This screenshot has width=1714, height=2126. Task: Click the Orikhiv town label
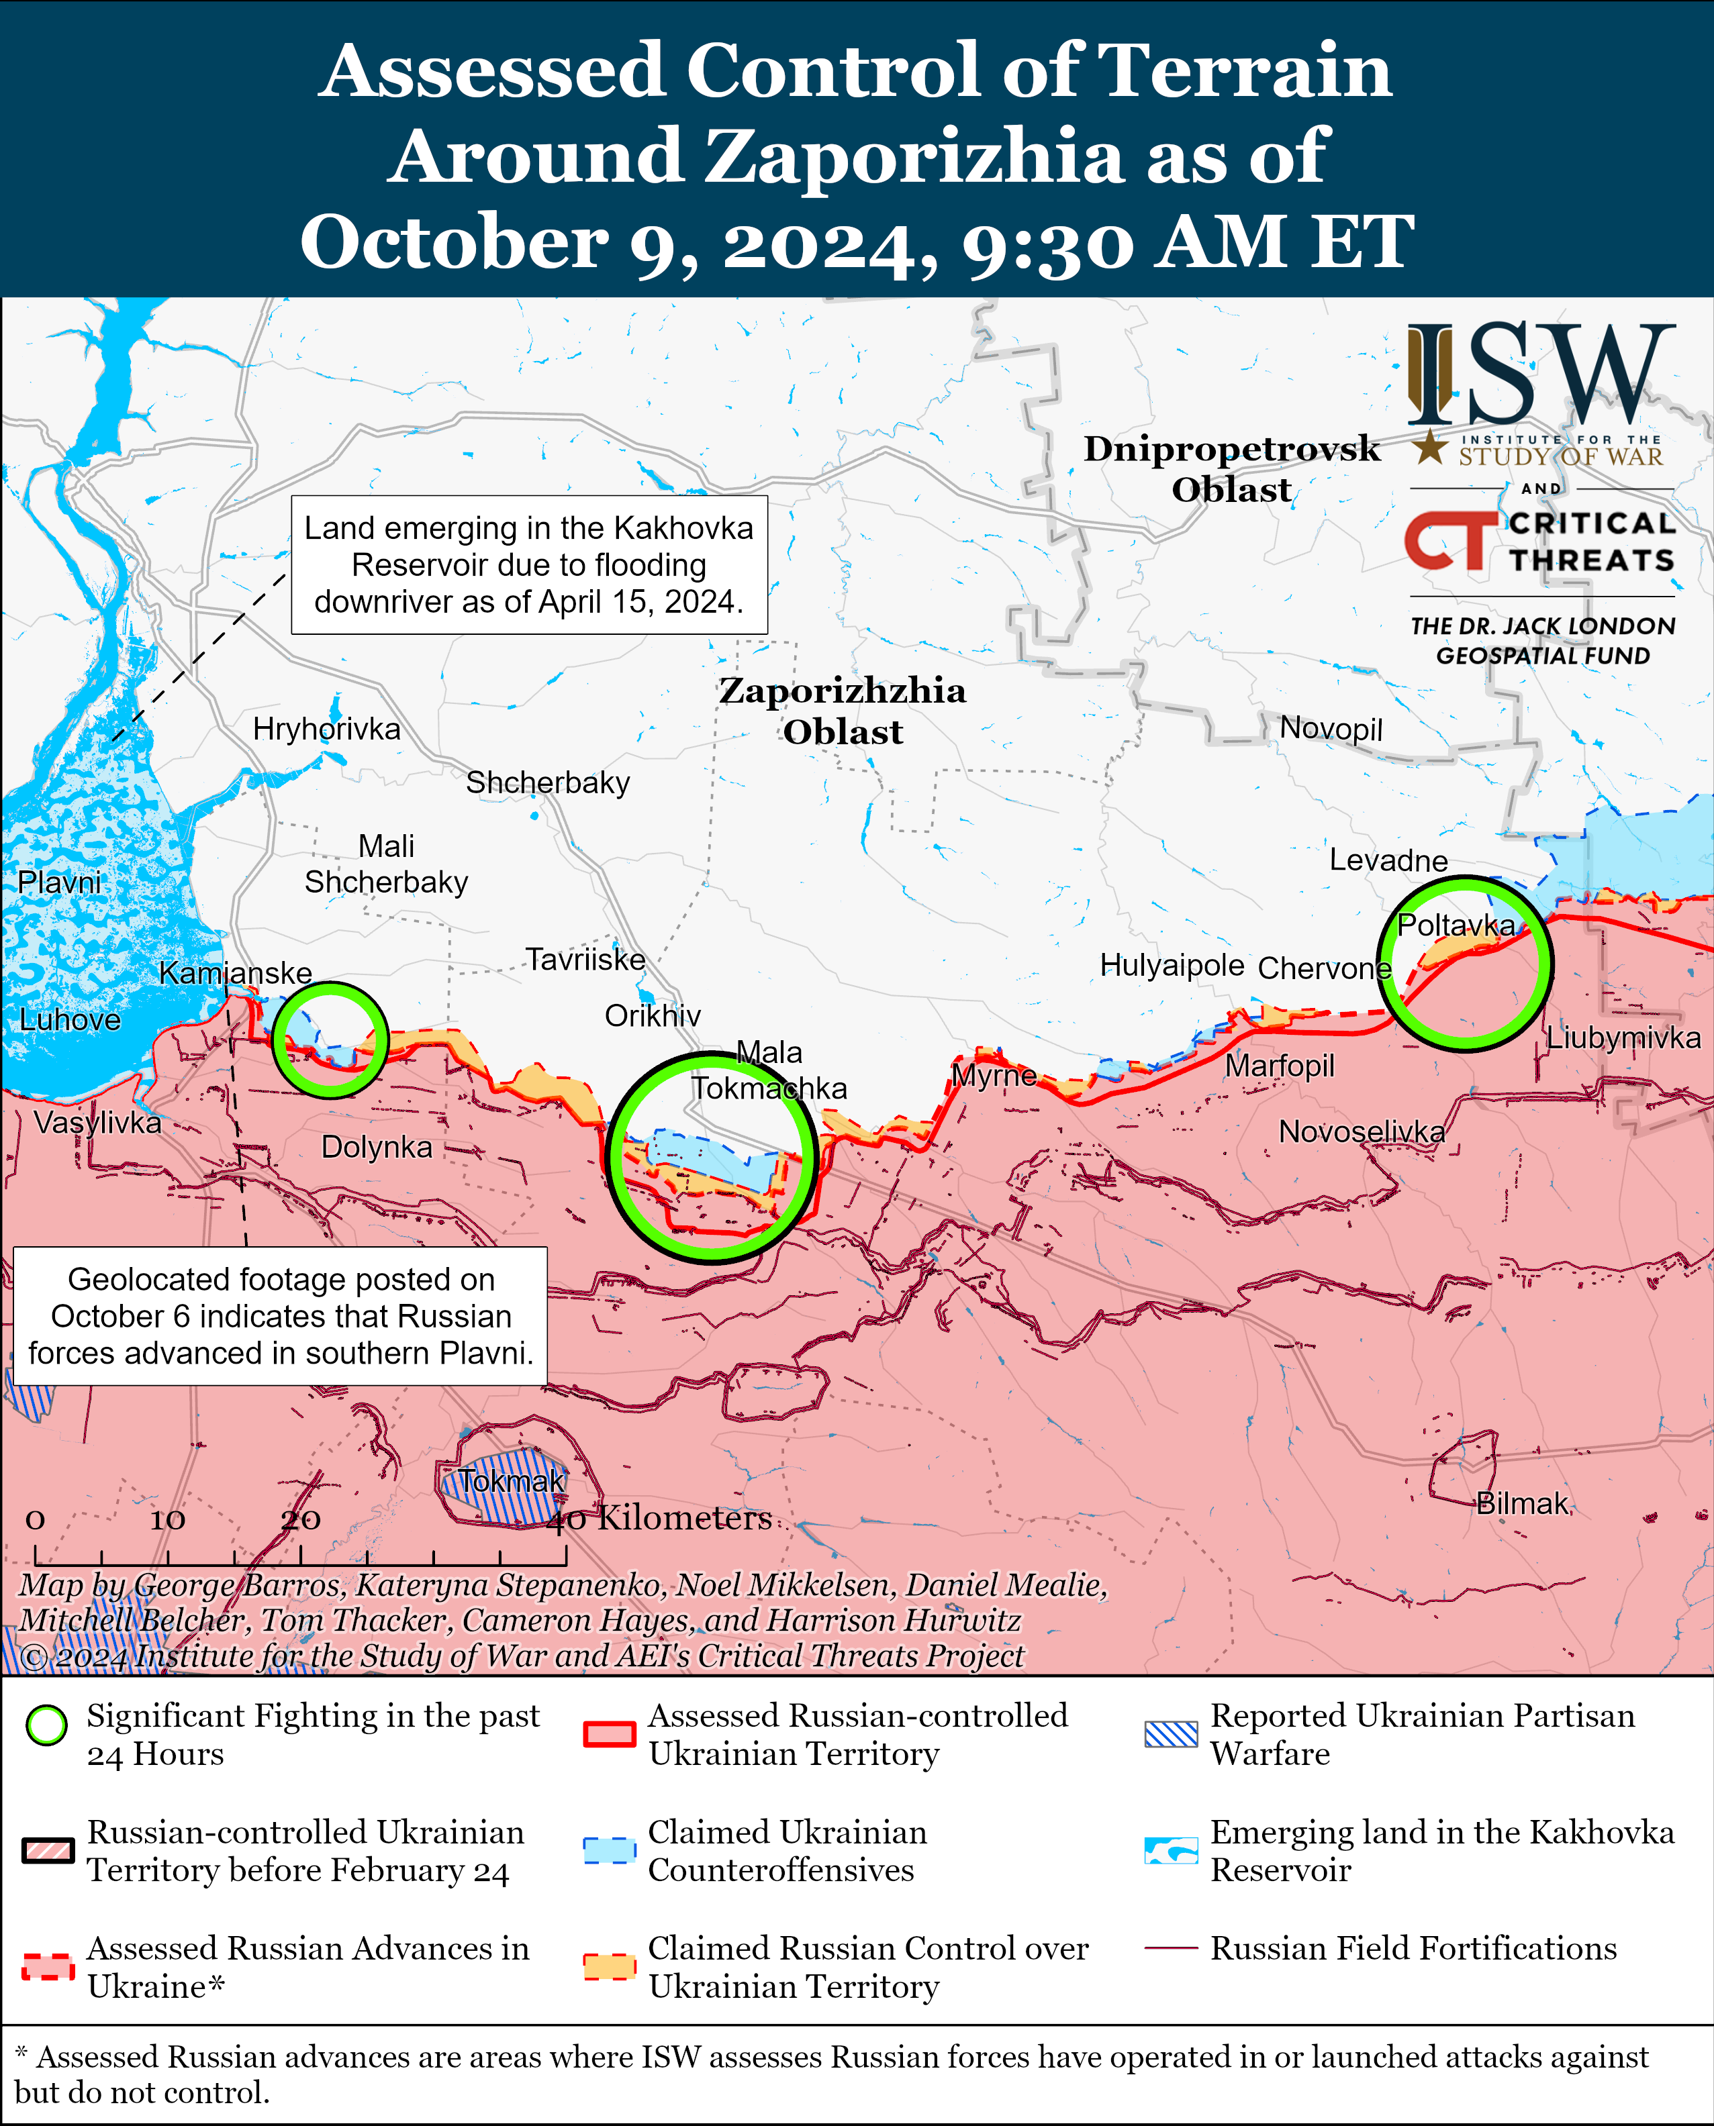click(653, 1015)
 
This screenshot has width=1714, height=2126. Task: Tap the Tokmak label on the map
click(510, 1480)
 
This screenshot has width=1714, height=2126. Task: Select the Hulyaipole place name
click(1172, 964)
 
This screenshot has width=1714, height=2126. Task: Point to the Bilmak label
click(1521, 1503)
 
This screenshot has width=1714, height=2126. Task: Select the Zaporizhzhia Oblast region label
click(842, 711)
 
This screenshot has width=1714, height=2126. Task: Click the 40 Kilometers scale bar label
click(659, 1518)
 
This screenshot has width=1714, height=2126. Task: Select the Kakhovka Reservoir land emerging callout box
click(529, 564)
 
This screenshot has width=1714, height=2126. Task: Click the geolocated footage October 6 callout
click(281, 1316)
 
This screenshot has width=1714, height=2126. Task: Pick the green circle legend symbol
click(46, 1725)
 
